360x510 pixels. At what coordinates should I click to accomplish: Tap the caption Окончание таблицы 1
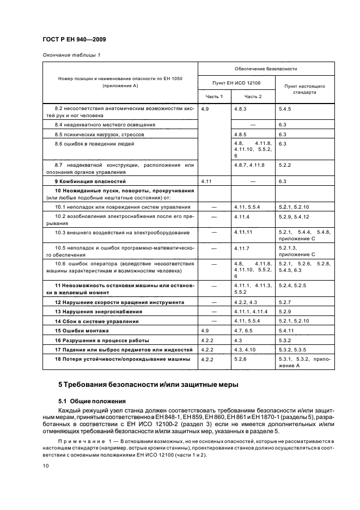tap(71, 55)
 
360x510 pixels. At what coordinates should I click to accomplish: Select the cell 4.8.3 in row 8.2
tap(241, 109)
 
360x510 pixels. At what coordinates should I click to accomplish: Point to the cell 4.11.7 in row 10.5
tap(242, 248)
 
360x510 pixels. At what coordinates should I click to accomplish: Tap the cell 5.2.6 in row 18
tap(241, 359)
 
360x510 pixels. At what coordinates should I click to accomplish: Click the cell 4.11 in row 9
tap(206, 180)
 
